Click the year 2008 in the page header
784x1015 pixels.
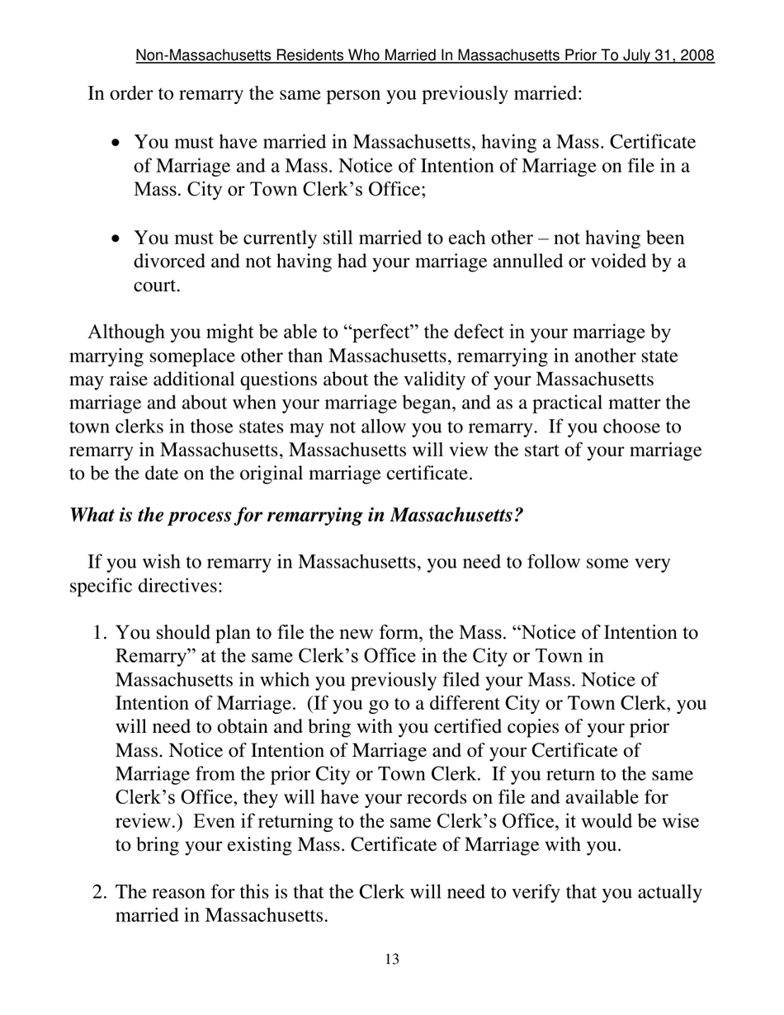click(x=697, y=56)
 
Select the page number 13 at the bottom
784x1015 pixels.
click(x=392, y=959)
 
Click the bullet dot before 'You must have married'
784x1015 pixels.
click(x=116, y=144)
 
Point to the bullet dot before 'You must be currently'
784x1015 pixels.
click(x=116, y=239)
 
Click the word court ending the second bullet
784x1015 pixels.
click(x=156, y=286)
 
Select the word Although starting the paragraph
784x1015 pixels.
click(x=127, y=333)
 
